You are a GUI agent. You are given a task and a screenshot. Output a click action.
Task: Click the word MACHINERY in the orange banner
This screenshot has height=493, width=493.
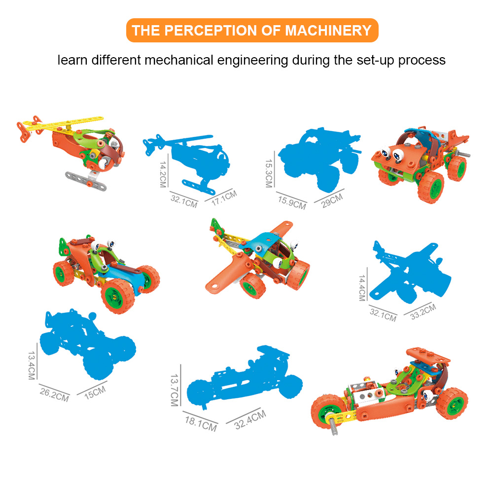coord(328,31)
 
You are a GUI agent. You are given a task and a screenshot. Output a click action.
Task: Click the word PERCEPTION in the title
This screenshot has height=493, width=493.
coord(211,31)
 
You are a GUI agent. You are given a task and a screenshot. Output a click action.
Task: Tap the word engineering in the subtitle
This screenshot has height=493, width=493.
coord(252,60)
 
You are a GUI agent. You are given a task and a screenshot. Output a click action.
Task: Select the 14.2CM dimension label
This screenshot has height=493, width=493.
coord(163,175)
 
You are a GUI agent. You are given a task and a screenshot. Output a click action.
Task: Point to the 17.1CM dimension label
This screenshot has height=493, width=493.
coord(224,198)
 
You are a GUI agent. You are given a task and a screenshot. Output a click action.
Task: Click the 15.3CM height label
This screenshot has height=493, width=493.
coord(269,173)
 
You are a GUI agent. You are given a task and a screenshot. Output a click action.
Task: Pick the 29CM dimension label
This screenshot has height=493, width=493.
coord(332,201)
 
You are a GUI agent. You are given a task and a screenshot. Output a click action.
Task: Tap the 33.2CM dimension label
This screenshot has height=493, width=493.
coord(423,312)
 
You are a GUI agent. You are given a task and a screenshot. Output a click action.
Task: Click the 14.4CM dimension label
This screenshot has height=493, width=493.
coord(362,288)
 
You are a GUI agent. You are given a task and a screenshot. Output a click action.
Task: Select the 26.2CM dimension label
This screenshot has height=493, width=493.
coord(54,394)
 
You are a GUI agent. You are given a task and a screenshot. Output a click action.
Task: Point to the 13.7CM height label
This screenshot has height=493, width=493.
coord(175,390)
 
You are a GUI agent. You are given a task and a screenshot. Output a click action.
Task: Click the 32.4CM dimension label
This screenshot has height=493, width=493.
coord(250,420)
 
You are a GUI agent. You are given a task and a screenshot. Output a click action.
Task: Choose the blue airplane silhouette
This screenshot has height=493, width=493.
coord(410,272)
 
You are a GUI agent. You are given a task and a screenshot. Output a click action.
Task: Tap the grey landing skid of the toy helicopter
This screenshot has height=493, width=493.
coord(85,181)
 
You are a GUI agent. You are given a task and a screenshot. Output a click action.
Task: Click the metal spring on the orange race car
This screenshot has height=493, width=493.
coord(333,425)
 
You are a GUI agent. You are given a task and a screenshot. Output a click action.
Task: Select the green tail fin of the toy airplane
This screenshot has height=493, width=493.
coord(216,227)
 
